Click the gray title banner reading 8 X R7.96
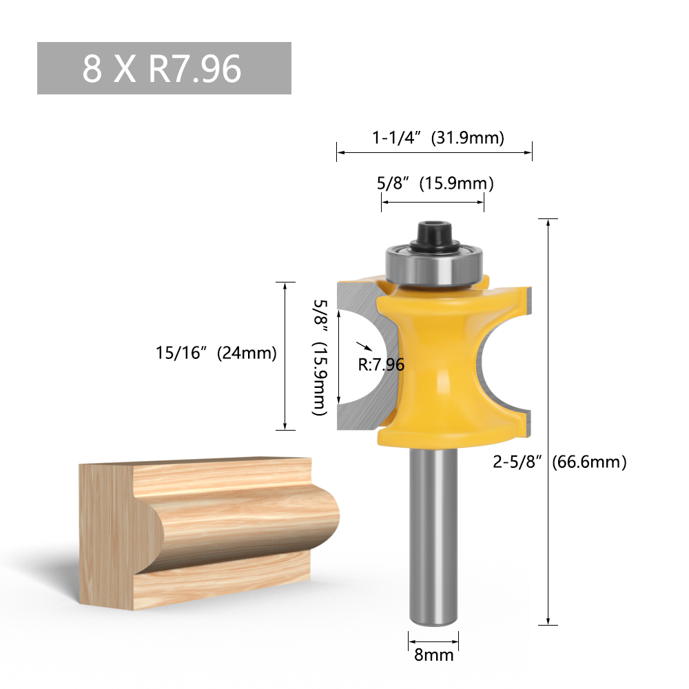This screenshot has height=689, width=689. [164, 68]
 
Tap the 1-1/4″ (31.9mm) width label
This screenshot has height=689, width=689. [438, 138]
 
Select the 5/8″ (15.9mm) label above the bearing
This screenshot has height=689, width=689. [435, 183]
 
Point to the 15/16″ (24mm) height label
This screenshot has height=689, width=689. [216, 353]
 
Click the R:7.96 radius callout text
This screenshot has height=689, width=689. [381, 364]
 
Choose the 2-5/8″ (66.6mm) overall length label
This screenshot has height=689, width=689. [559, 462]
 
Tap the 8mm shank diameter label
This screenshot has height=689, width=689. [433, 655]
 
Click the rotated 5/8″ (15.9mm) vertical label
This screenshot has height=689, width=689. [320, 357]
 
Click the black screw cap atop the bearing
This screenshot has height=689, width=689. [435, 236]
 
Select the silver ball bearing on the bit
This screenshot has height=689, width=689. [434, 265]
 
